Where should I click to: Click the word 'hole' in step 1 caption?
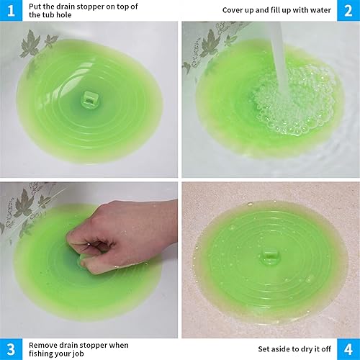(81, 15)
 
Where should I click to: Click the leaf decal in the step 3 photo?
(25, 205)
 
